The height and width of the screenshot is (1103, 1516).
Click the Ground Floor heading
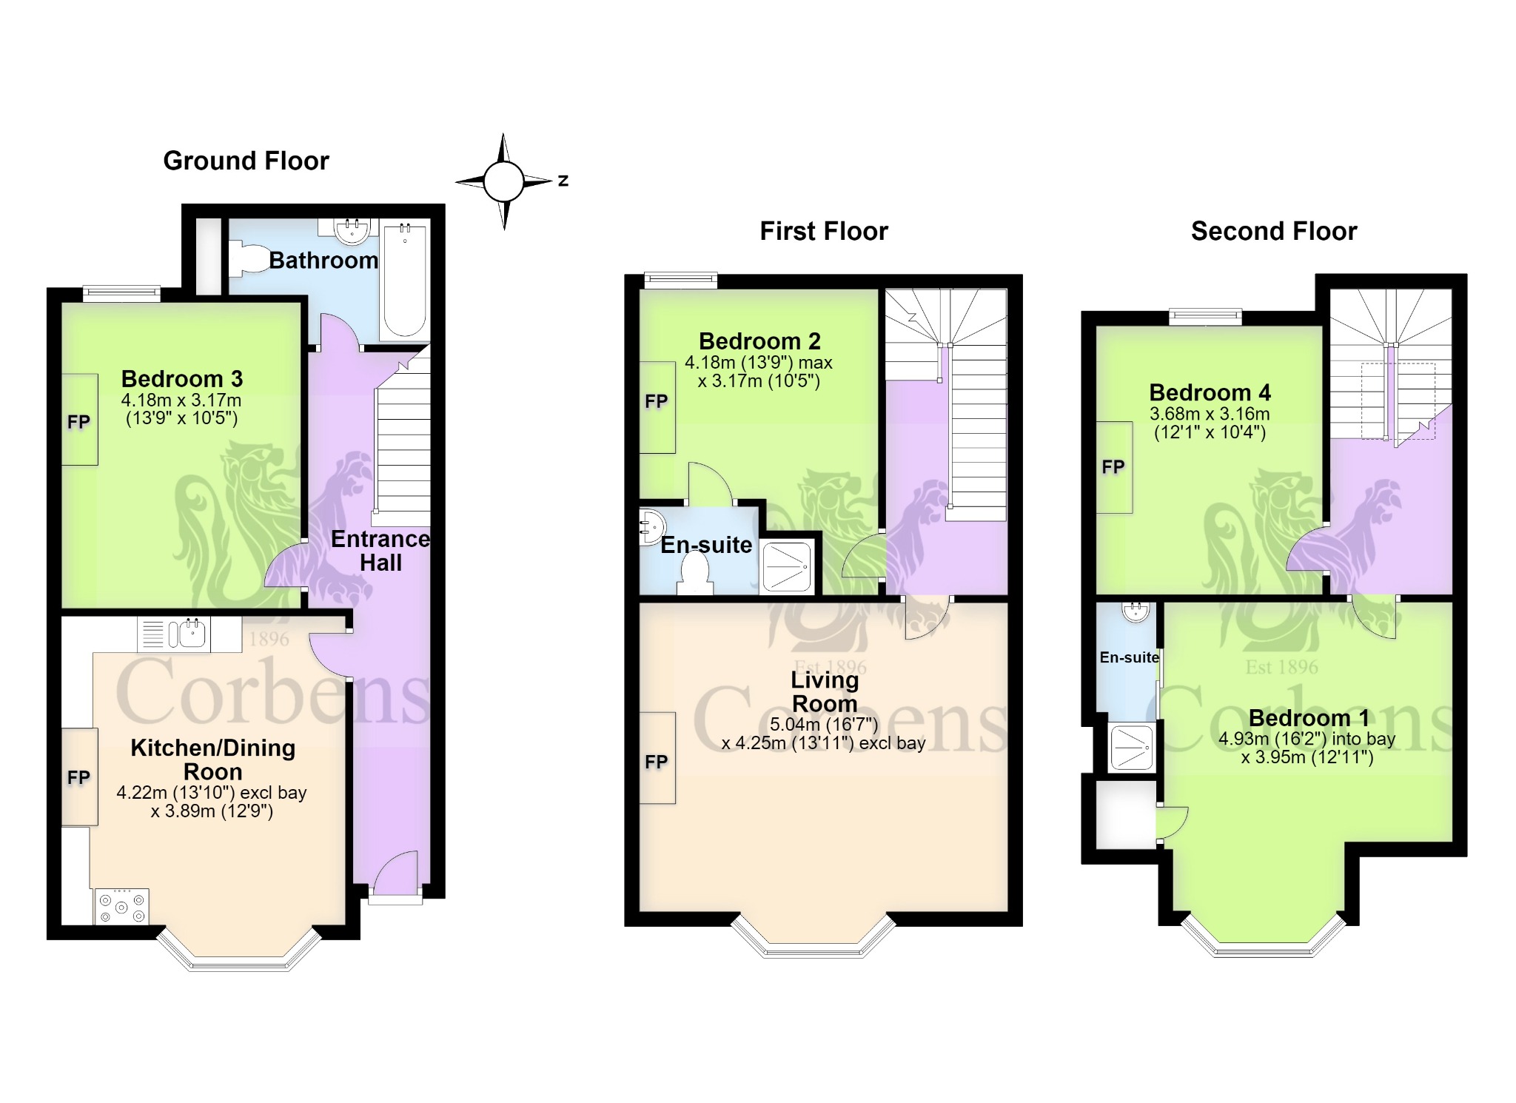[246, 161]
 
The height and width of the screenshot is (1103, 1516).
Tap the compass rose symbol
[504, 181]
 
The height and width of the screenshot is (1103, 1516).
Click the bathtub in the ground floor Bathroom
[405, 281]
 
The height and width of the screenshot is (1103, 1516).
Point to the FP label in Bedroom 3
[78, 422]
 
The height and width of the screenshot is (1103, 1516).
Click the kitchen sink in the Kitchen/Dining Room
[189, 634]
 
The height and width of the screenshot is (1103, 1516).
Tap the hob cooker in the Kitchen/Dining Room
[122, 906]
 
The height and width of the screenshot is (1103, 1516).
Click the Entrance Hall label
[380, 551]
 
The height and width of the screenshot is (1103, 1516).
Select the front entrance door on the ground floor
[396, 875]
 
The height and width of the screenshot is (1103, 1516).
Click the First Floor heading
[824, 231]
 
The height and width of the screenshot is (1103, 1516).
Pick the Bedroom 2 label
[759, 341]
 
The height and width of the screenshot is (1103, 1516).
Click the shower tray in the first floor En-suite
[787, 567]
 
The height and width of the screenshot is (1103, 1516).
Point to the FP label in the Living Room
[656, 762]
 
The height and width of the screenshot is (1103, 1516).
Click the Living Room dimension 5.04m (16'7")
[824, 724]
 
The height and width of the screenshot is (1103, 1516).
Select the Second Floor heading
[1274, 231]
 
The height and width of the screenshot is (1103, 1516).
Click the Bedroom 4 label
[1210, 392]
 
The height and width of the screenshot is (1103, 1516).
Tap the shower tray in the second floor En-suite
[1131, 746]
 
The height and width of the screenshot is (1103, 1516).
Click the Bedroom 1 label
[1309, 717]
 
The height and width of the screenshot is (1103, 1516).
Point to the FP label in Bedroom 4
[1113, 467]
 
